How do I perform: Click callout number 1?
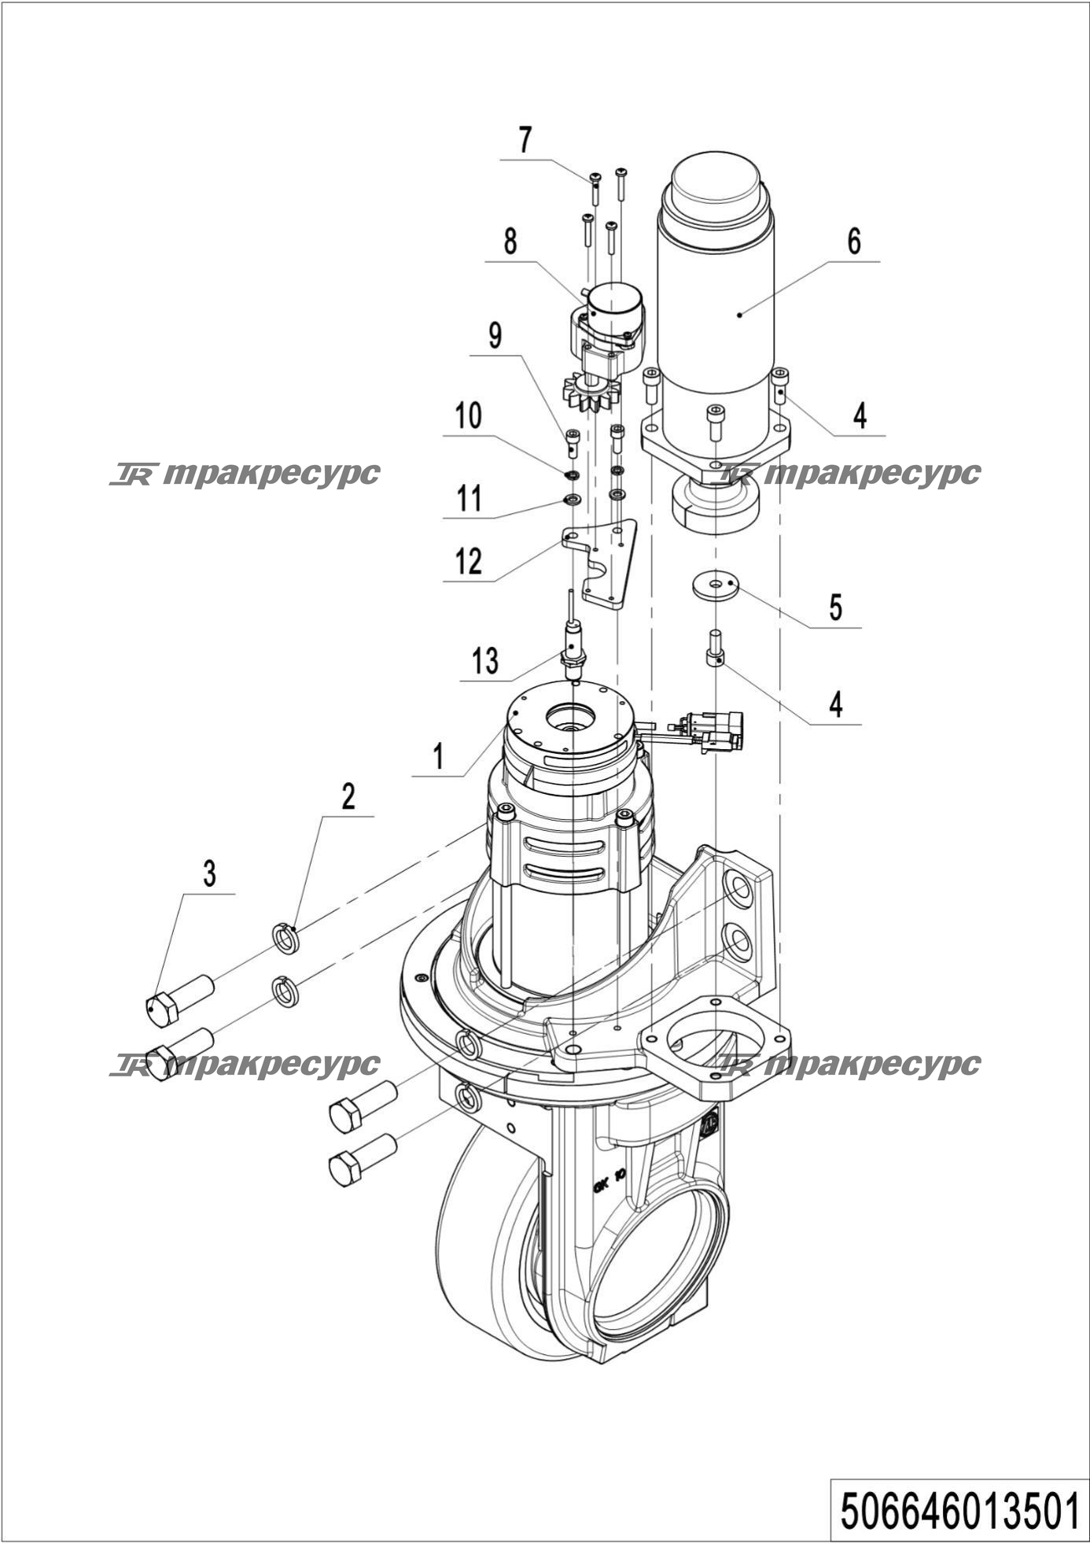tap(439, 756)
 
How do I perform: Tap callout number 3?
tap(209, 873)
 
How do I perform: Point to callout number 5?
tap(836, 607)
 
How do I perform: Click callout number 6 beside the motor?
tap(854, 241)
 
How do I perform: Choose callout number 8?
tap(510, 241)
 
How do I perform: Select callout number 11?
tap(469, 498)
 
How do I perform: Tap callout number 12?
tap(469, 562)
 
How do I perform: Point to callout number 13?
tap(485, 661)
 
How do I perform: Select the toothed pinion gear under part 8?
tap(591, 393)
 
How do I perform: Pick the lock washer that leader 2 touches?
tap(285, 939)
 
